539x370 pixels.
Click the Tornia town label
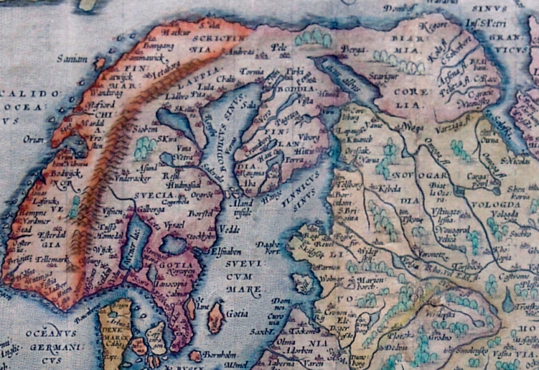251,71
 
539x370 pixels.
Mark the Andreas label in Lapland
242,53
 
